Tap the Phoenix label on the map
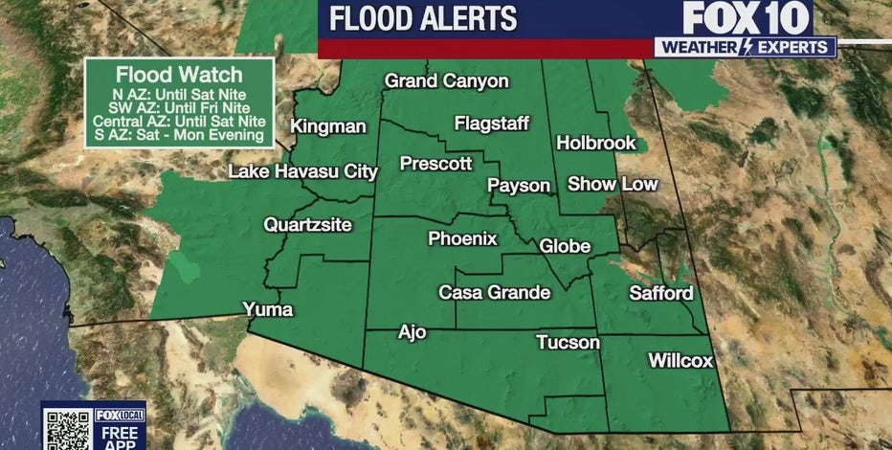tap(463, 239)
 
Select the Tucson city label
tap(569, 343)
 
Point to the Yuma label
tap(268, 309)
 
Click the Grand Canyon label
tap(447, 81)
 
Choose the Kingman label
tap(328, 126)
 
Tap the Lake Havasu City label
tap(302, 172)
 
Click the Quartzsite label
tap(308, 226)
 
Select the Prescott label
tap(436, 164)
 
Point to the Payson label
tap(520, 185)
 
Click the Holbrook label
tap(596, 143)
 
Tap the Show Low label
tap(613, 183)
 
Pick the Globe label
tap(566, 246)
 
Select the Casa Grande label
tap(495, 292)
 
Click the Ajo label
tap(413, 333)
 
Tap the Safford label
tap(660, 292)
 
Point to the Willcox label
tap(681, 361)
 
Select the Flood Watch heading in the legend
tap(178, 74)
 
